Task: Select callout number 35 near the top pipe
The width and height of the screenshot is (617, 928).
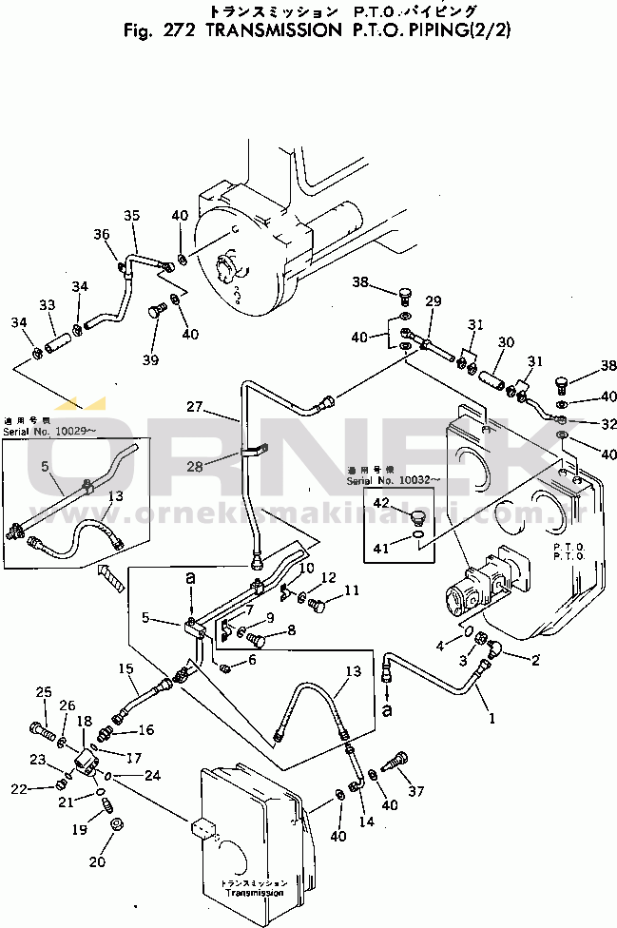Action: click(131, 216)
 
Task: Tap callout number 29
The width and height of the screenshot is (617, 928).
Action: click(434, 301)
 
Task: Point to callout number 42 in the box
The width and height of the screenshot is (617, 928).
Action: click(381, 502)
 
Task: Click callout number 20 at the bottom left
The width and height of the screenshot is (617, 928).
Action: click(97, 861)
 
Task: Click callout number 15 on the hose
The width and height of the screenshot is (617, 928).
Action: click(125, 669)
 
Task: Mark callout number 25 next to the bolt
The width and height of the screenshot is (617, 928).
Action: click(43, 691)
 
